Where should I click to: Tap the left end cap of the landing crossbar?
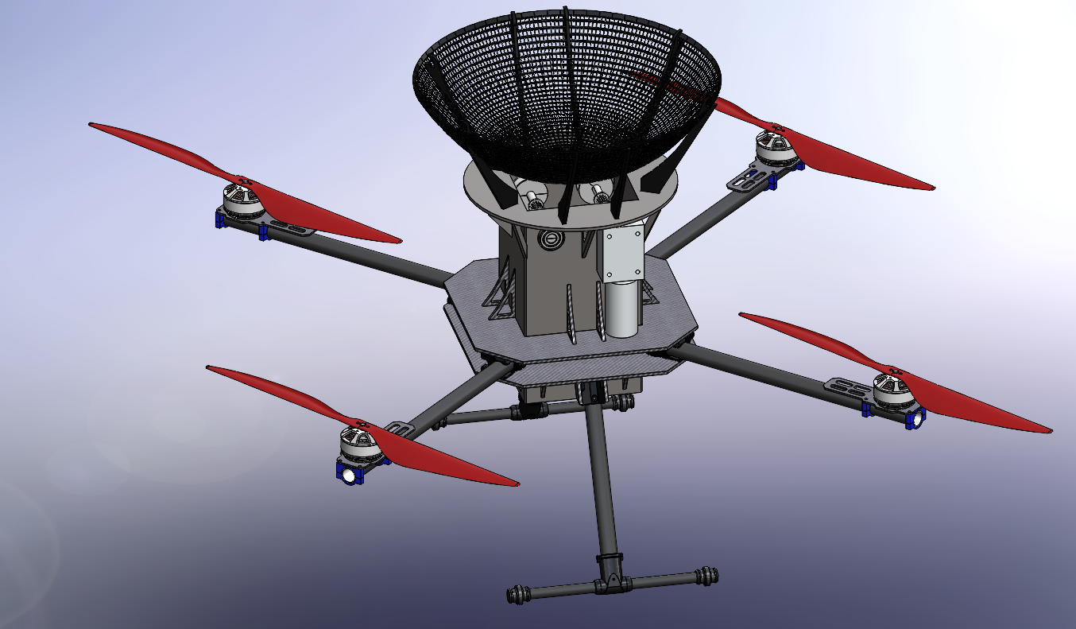coord(517,592)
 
